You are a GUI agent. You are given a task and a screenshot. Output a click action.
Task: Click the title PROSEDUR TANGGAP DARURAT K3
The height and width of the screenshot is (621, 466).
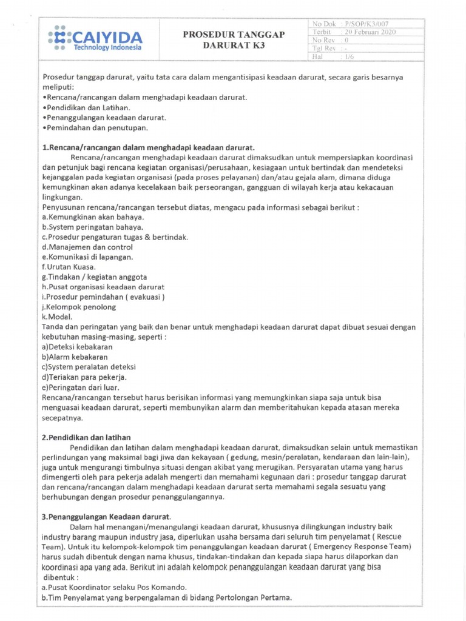pyautogui.click(x=234, y=41)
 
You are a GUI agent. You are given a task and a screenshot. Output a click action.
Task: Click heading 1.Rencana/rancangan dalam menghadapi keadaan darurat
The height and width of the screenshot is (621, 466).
pyautogui.click(x=149, y=148)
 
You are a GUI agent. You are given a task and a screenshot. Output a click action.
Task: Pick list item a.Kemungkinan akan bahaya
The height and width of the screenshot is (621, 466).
pyautogui.click(x=93, y=217)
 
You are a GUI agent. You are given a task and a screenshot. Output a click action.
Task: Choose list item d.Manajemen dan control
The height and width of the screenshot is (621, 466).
pyautogui.click(x=87, y=247)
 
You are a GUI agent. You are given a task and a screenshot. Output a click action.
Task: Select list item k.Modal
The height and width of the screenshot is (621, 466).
pyautogui.click(x=57, y=317)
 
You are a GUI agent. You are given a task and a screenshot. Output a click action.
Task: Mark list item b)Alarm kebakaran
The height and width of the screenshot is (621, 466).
pyautogui.click(x=76, y=357)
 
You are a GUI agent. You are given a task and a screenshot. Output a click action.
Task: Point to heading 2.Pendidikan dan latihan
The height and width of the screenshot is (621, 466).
pyautogui.click(x=87, y=437)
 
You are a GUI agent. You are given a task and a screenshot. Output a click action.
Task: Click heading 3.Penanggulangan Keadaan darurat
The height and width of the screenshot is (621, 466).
pyautogui.click(x=107, y=516)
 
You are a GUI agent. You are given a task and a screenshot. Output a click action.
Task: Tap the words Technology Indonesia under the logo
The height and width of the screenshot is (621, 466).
pyautogui.click(x=107, y=47)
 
